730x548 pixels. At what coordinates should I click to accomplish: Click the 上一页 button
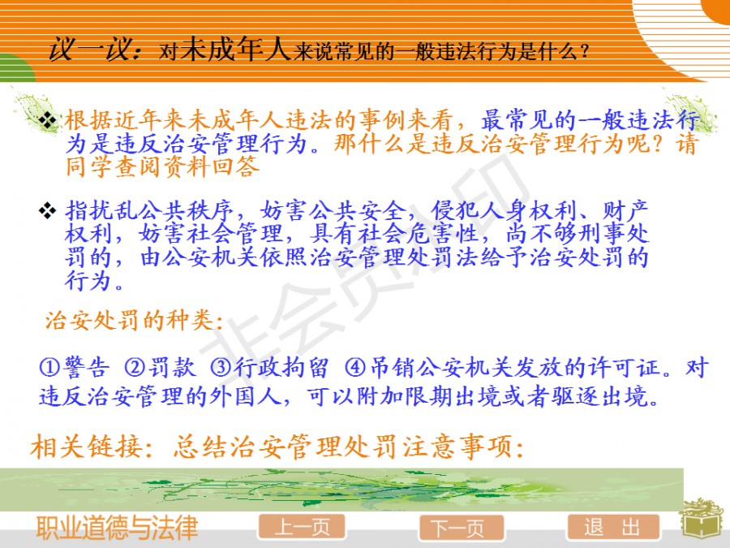(302, 527)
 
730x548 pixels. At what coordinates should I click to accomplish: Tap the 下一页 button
(462, 528)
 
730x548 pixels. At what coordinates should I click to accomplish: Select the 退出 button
(612, 528)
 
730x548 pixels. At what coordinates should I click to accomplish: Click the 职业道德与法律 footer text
(118, 528)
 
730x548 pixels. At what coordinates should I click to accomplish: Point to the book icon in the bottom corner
(703, 521)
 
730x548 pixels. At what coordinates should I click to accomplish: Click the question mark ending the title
(585, 51)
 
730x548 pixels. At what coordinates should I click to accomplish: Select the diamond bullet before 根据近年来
(48, 121)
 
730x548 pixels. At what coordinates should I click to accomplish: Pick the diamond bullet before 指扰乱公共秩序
(48, 210)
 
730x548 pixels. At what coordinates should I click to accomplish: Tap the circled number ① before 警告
(49, 368)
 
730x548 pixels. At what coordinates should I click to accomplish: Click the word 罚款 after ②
(172, 368)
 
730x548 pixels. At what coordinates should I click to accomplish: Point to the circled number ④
(355, 368)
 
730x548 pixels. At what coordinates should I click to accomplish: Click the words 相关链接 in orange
(87, 447)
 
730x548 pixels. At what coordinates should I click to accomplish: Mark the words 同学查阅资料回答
(162, 166)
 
